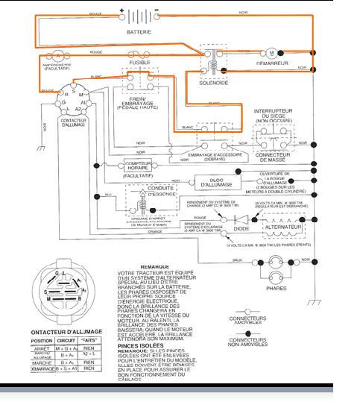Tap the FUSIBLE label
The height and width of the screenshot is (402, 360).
139,62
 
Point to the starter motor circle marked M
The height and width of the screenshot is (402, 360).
271,53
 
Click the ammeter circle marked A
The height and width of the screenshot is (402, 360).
57,56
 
